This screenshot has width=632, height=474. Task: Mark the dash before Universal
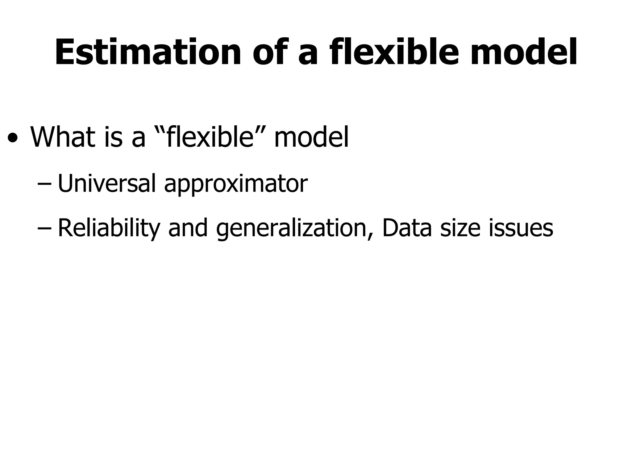[44, 184]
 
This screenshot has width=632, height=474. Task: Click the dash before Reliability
[44, 228]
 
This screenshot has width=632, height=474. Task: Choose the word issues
[521, 228]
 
